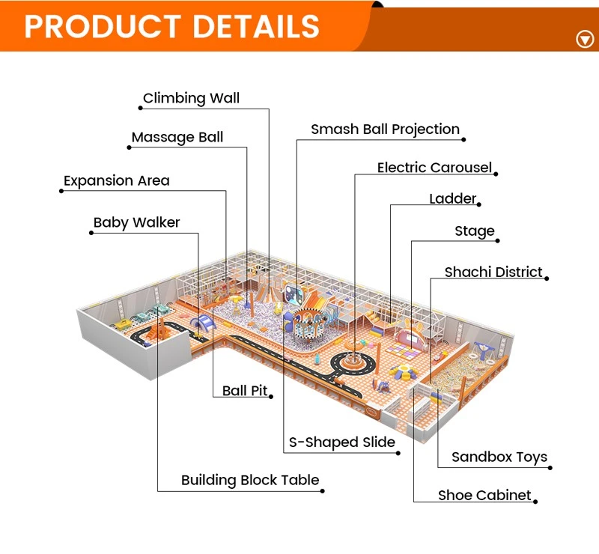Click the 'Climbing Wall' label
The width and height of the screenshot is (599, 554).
(191, 98)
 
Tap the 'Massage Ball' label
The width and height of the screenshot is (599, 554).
(177, 137)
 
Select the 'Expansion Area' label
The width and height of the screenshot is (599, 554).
(117, 180)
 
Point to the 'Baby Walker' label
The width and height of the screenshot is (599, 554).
(136, 222)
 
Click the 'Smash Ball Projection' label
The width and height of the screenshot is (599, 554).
(385, 130)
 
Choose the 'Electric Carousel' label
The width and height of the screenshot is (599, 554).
(434, 168)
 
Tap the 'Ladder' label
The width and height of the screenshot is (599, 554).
(453, 198)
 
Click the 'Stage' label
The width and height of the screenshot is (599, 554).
(475, 231)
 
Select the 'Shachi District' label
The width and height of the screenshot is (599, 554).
(493, 272)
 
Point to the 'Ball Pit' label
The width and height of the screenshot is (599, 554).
(245, 391)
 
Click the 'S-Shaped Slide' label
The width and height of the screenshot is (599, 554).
(342, 442)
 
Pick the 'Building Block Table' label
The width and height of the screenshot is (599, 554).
(250, 481)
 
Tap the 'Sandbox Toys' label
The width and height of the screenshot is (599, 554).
(499, 457)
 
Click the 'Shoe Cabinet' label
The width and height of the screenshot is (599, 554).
(484, 495)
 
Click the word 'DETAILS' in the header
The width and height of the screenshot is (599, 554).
(256, 26)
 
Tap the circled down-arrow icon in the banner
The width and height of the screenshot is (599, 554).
(585, 39)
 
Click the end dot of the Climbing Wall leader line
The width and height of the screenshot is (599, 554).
(141, 108)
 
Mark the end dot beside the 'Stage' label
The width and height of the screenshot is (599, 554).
(497, 241)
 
